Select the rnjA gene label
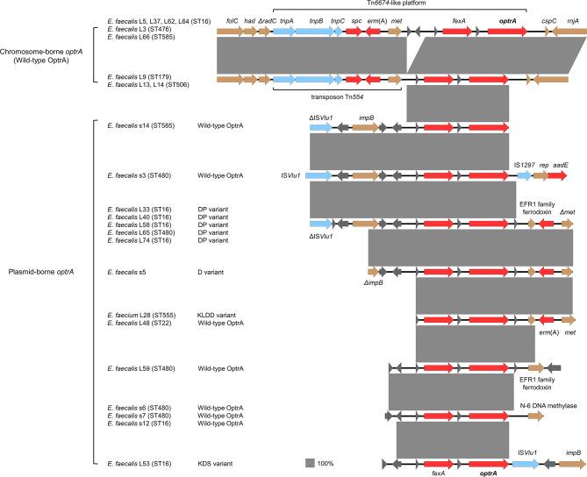tap(572, 18)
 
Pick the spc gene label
tap(356, 18)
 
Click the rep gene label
tap(543, 164)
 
